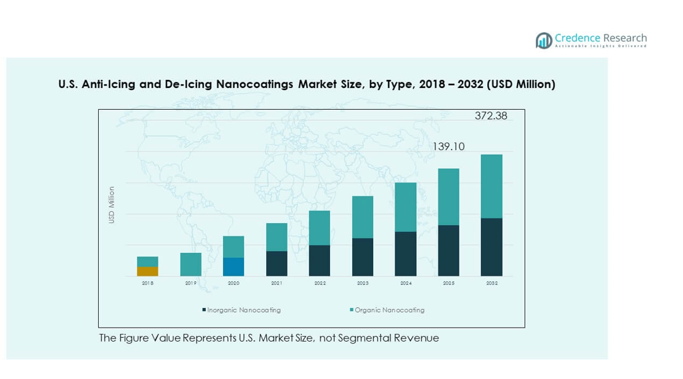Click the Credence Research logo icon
coord(544,41)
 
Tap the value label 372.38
coord(491,116)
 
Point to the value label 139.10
coord(449,146)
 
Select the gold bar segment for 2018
coord(148,271)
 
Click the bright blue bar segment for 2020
coord(234,267)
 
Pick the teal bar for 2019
coord(191,264)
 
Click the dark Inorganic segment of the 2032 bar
coord(492,247)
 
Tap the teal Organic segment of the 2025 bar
coord(449,196)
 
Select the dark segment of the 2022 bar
coord(319,260)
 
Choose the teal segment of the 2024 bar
coord(405,207)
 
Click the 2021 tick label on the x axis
coord(277,283)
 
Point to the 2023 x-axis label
coord(362,283)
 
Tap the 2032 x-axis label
coord(492,283)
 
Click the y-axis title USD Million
coord(112,205)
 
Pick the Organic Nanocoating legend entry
coord(388,311)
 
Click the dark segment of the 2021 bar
coord(277,264)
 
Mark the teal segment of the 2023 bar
coord(362,217)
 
